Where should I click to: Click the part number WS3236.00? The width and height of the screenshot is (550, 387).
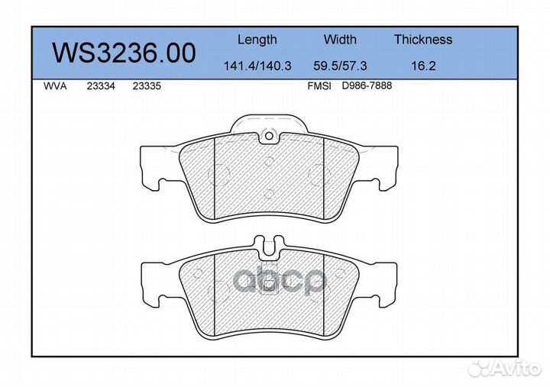pyautogui.click(x=124, y=53)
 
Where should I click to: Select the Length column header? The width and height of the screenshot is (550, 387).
pyautogui.click(x=257, y=40)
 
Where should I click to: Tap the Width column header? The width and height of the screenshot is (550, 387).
pyautogui.click(x=340, y=39)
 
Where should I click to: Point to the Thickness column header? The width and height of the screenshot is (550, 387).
pyautogui.click(x=423, y=39)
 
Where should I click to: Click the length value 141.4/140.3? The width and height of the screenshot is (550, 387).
pyautogui.click(x=257, y=66)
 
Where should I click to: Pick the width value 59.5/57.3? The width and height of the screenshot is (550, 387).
pyautogui.click(x=340, y=66)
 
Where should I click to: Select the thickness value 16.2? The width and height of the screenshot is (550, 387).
pyautogui.click(x=423, y=66)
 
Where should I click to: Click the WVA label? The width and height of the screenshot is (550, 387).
pyautogui.click(x=55, y=86)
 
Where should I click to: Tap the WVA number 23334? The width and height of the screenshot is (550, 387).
pyautogui.click(x=101, y=86)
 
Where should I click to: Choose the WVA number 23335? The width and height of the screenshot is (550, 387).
pyautogui.click(x=147, y=86)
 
